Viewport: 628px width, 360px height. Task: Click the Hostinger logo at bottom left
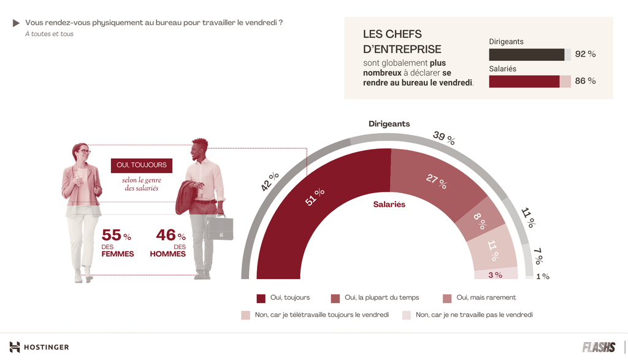tap(39, 347)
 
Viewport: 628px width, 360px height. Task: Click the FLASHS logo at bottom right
tap(598, 347)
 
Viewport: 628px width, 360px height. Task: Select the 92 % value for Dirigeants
tap(585, 54)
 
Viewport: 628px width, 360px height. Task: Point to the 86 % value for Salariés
tap(585, 81)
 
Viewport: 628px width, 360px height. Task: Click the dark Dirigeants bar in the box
tap(526, 55)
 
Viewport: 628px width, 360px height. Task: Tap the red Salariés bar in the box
tap(524, 82)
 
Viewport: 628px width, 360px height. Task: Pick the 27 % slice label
tap(435, 182)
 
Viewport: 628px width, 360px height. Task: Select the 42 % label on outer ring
tap(270, 182)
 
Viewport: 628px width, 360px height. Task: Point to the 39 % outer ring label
tap(443, 138)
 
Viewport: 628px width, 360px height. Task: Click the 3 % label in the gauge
tap(495, 275)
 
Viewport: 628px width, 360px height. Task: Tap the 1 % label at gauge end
tap(543, 277)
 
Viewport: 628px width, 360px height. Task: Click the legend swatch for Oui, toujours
tap(261, 298)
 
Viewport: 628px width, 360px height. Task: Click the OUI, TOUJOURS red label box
tap(141, 165)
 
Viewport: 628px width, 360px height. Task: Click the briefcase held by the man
tap(220, 228)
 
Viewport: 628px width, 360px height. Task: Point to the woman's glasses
tap(84, 151)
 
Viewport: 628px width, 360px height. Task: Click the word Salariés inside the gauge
tap(389, 204)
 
